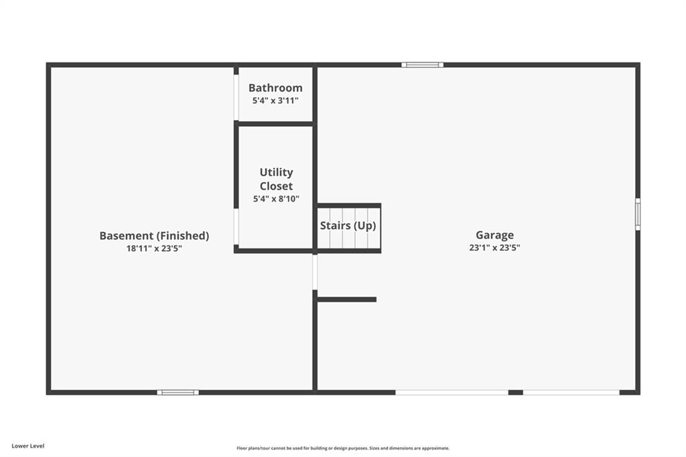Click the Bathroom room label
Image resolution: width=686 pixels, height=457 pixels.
[275, 88]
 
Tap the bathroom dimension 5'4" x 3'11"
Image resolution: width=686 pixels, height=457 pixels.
[275, 101]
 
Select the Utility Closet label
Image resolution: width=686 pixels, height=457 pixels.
[276, 179]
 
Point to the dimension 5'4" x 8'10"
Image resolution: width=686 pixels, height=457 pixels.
[276, 199]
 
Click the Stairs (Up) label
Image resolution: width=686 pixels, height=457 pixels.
[348, 226]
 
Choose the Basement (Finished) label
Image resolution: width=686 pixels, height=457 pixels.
[155, 236]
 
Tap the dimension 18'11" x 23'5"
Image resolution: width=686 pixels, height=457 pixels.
[155, 249]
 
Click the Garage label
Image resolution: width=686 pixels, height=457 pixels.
[495, 235]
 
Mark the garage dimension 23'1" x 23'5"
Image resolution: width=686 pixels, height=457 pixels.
[495, 248]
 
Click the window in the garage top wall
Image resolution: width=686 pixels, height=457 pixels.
[423, 65]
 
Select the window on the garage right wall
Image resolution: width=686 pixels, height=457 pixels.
[638, 214]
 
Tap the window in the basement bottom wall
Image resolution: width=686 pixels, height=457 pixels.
[178, 393]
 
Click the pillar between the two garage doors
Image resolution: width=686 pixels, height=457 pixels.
[516, 393]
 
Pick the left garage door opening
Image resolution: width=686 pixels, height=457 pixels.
[452, 393]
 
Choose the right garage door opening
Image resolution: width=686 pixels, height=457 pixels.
[571, 393]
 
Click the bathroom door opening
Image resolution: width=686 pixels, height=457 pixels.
[236, 98]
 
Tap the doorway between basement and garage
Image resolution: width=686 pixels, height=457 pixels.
[315, 272]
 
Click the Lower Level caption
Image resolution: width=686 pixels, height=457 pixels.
[28, 446]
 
